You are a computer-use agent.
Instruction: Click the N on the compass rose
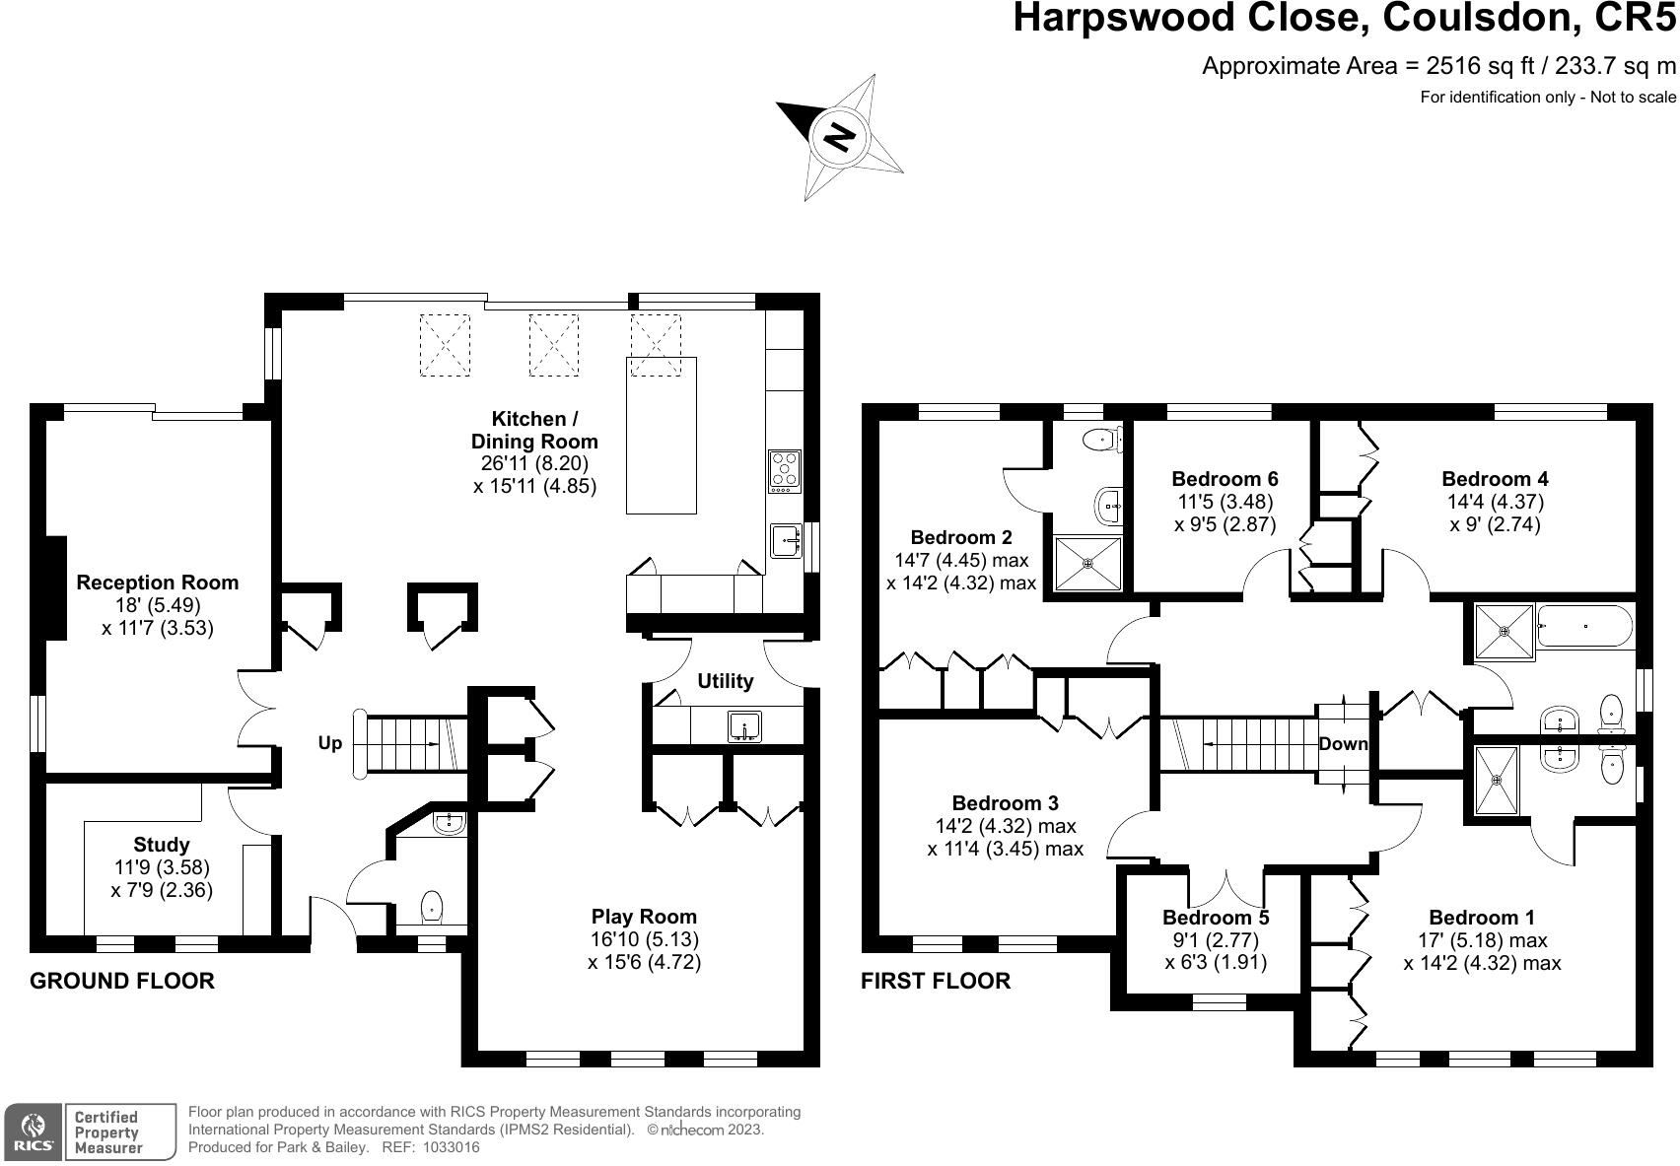pos(839,137)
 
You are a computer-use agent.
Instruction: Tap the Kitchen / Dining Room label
pos(534,430)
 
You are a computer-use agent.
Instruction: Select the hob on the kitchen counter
pos(785,471)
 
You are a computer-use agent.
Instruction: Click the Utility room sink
pos(744,726)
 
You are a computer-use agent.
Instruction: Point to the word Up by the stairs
pos(330,743)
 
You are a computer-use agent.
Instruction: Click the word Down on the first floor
pos(1343,744)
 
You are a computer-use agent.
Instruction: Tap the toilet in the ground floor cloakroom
pos(432,907)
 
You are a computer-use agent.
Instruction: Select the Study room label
pos(162,845)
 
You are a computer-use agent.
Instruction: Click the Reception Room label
pos(158,583)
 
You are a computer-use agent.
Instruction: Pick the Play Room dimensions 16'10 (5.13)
pos(644,938)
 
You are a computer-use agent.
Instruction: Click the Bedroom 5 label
pos(1216,917)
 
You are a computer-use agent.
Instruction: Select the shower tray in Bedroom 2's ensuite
pos(1087,563)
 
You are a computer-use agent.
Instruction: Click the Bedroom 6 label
pos(1225,478)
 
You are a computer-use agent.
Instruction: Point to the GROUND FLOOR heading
pos(122,981)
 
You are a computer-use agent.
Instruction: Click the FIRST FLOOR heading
pos(936,981)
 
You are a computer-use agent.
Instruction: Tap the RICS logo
pos(33,1132)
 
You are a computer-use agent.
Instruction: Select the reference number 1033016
pos(452,1147)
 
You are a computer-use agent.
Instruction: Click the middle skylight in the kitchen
pos(553,345)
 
